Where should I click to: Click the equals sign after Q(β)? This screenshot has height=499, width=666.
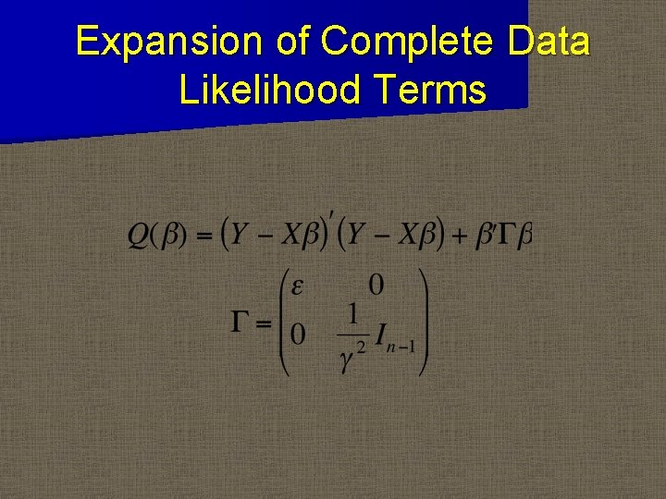click(x=204, y=236)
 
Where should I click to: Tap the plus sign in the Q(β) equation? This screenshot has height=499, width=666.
click(x=457, y=236)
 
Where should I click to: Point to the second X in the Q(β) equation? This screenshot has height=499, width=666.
click(x=408, y=236)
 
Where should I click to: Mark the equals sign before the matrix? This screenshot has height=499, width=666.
click(x=265, y=323)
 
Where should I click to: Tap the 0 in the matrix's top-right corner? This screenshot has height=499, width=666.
click(x=376, y=285)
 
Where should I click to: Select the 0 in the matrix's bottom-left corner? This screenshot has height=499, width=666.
click(x=298, y=334)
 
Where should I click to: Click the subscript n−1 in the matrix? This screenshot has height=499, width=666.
click(x=404, y=348)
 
